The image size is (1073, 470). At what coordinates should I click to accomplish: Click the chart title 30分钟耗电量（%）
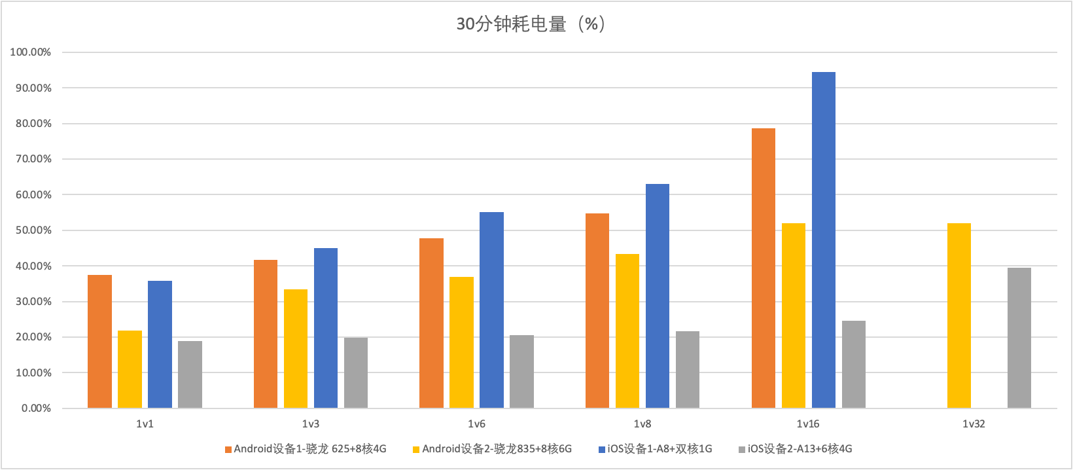[531, 24]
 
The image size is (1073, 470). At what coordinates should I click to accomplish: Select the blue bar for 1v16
[824, 240]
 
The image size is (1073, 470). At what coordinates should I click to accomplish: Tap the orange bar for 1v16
[764, 268]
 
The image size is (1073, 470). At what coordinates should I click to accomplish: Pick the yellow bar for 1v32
[959, 316]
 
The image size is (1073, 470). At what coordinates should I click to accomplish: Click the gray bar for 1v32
[1019, 338]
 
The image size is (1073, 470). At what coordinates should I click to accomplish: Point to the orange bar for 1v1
[99, 342]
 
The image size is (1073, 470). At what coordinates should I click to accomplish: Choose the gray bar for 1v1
[190, 374]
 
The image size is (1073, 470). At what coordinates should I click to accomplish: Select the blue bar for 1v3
[326, 328]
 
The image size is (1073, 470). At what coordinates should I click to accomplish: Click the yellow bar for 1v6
[461, 342]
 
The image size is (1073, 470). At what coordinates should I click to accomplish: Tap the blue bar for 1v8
[658, 296]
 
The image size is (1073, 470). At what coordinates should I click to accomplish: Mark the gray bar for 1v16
[854, 365]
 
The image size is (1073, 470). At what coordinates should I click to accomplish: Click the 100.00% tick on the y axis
[31, 52]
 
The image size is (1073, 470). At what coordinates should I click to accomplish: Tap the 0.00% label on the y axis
[36, 408]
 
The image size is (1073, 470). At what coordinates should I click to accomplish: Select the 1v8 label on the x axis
[642, 424]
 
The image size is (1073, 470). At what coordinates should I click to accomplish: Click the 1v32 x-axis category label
[974, 424]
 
